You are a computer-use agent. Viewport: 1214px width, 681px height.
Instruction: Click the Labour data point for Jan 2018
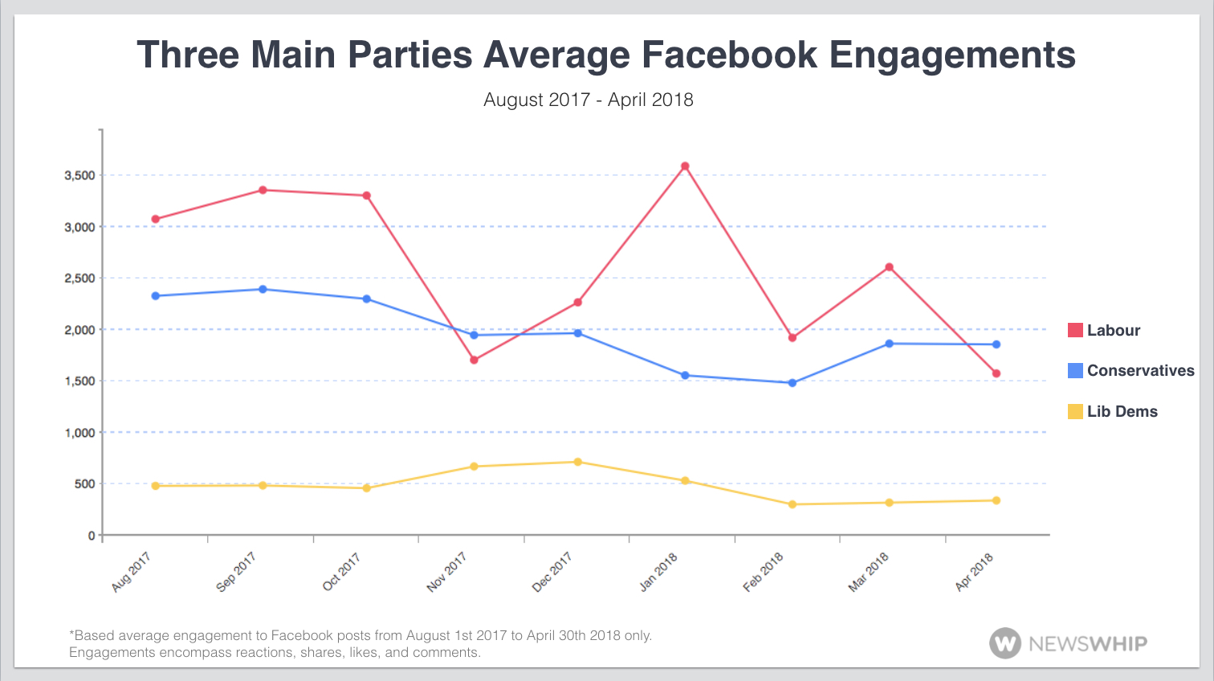tap(685, 166)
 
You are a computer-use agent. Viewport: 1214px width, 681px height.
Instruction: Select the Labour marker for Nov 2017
tap(474, 360)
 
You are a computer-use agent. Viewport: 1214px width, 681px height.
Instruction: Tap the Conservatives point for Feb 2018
tap(792, 383)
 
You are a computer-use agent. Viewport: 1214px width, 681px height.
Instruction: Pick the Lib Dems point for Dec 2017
tap(577, 462)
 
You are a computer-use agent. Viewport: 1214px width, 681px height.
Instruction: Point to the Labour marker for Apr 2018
tap(996, 373)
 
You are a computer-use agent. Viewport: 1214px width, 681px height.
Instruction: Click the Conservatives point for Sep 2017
tap(263, 289)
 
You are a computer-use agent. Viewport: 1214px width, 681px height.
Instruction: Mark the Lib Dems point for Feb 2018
tap(792, 504)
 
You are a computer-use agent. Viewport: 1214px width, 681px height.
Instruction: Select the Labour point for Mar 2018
tap(889, 267)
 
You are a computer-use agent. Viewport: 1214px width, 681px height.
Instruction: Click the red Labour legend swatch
tap(1075, 330)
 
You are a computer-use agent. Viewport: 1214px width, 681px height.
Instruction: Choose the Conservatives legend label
tap(1140, 370)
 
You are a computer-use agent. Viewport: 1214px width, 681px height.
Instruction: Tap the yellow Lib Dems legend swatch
tap(1075, 411)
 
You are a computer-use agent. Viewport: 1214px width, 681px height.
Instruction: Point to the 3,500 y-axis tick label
tap(79, 175)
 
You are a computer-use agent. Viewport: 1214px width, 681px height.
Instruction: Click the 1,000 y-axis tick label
tap(79, 432)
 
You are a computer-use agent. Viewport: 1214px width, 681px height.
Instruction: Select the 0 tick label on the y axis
tap(92, 536)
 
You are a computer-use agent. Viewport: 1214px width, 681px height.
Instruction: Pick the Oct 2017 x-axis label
tap(341, 573)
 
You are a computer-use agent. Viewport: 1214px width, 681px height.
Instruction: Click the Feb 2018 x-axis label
tap(763, 573)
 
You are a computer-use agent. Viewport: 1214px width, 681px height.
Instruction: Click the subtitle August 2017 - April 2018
tap(589, 100)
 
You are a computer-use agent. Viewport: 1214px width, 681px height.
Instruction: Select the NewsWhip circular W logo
tap(1005, 643)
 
